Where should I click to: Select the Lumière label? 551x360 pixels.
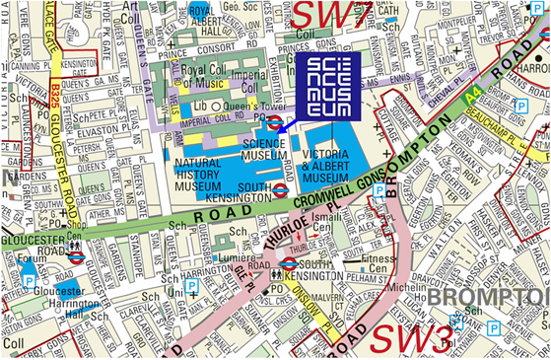[x=234, y=254]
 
